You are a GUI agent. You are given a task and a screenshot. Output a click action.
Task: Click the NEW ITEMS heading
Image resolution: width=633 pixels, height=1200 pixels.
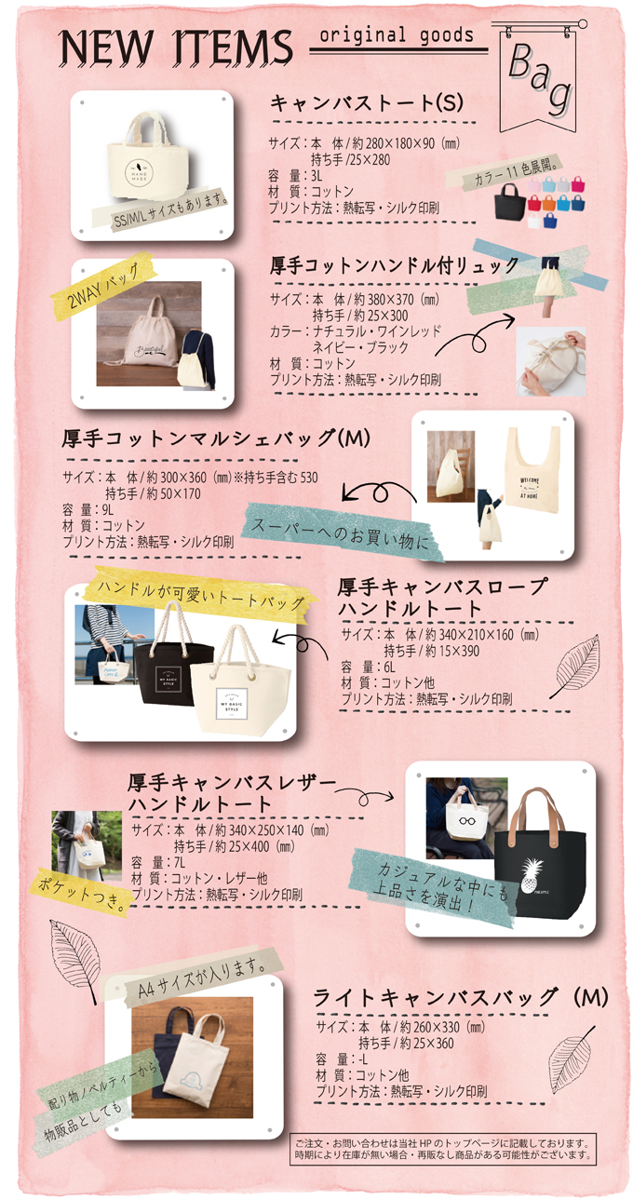pos(176,47)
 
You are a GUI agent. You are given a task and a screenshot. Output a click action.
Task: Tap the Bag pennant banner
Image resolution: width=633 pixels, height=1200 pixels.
pos(538,77)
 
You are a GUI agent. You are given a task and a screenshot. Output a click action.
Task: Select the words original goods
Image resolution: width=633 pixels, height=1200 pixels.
pos(397,35)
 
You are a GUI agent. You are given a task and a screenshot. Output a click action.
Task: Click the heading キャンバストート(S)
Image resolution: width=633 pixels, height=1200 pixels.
pos(367,102)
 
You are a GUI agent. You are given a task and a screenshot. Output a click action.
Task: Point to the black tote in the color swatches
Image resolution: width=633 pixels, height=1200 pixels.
pos(510,201)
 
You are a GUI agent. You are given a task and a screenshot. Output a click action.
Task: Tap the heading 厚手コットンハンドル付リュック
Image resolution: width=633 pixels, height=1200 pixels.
pos(395,265)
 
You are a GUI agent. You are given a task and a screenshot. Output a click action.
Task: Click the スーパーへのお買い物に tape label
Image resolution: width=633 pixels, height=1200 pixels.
pos(343,532)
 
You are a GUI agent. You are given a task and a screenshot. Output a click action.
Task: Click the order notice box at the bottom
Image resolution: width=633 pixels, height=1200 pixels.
pos(443,1148)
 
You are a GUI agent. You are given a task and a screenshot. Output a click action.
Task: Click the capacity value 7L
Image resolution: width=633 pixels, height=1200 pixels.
pos(180,862)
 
